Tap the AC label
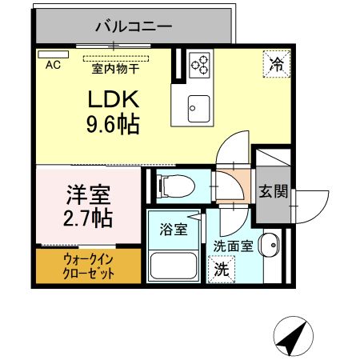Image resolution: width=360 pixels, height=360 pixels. pos(53,64)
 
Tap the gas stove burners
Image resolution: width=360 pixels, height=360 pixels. pos(199,63)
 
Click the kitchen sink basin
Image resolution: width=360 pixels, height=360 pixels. pos(198,104)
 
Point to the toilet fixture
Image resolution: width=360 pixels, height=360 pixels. pos(174,185)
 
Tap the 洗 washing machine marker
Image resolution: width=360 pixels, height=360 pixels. pos(220,270)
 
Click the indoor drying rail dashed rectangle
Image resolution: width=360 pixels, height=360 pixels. pos(117,58)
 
